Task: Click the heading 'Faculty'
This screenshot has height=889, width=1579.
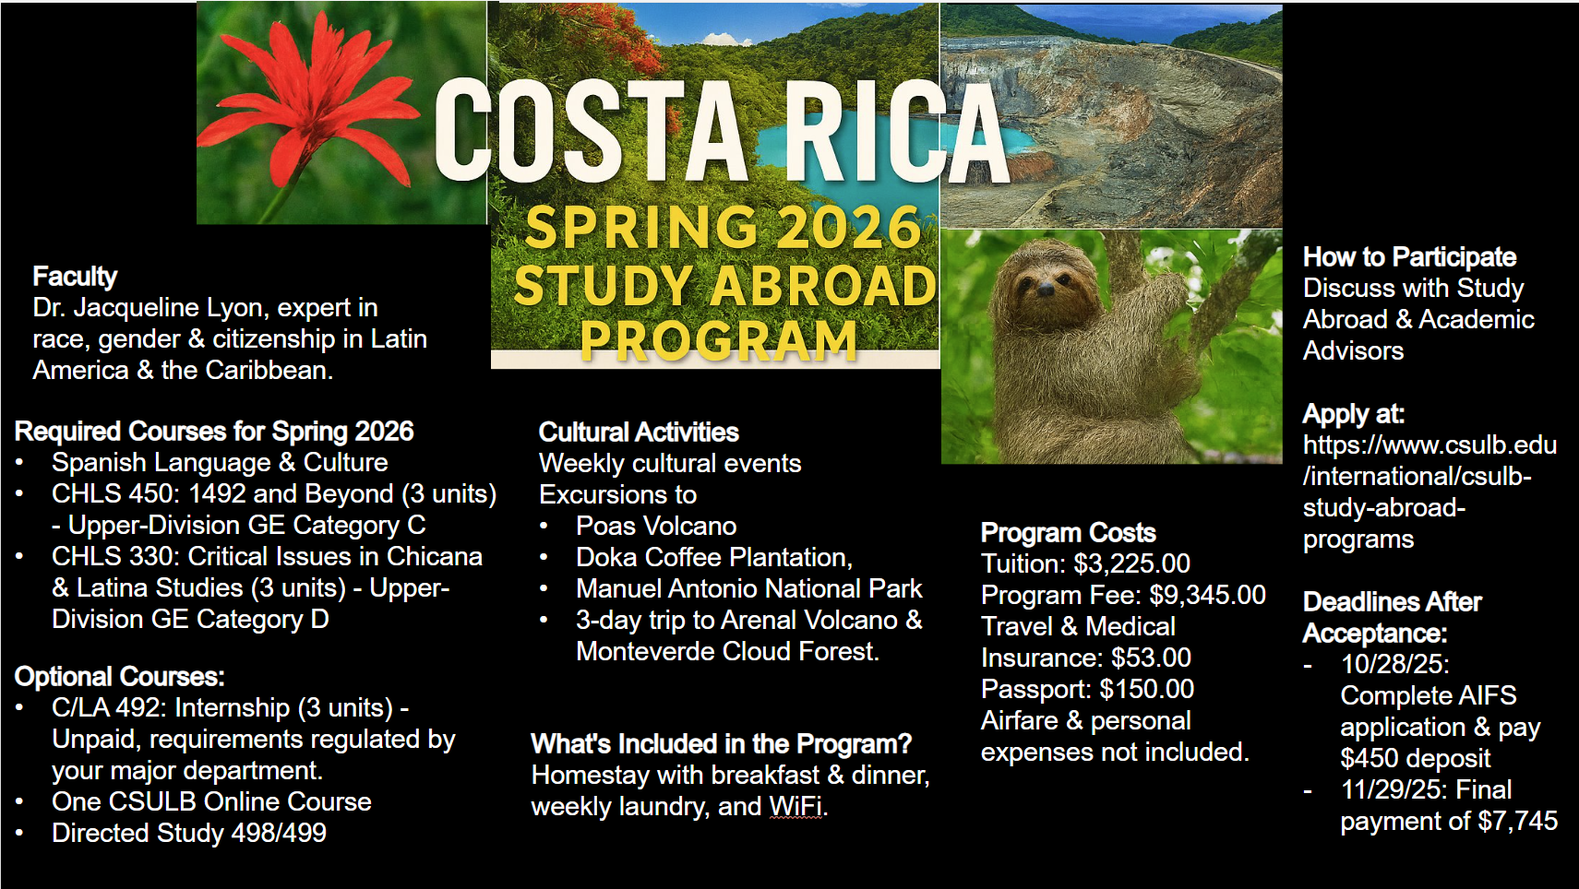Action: pos(75,276)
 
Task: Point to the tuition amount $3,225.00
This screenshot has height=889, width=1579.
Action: pos(1132,563)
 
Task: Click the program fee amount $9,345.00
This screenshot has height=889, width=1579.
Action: pos(1207,595)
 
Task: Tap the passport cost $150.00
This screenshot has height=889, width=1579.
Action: pos(1147,689)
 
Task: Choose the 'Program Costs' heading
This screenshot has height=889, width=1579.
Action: pos(1069,532)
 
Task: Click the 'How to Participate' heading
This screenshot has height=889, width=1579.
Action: pos(1410,257)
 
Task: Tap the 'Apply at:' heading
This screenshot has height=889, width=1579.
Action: pos(1354,414)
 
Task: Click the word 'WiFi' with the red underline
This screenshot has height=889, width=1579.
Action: pos(795,807)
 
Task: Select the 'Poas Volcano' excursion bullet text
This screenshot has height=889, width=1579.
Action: pos(656,527)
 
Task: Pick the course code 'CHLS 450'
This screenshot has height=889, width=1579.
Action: pos(114,493)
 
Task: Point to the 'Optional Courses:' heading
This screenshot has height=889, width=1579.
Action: pos(120,677)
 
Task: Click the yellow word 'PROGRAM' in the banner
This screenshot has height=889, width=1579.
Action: pos(719,339)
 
